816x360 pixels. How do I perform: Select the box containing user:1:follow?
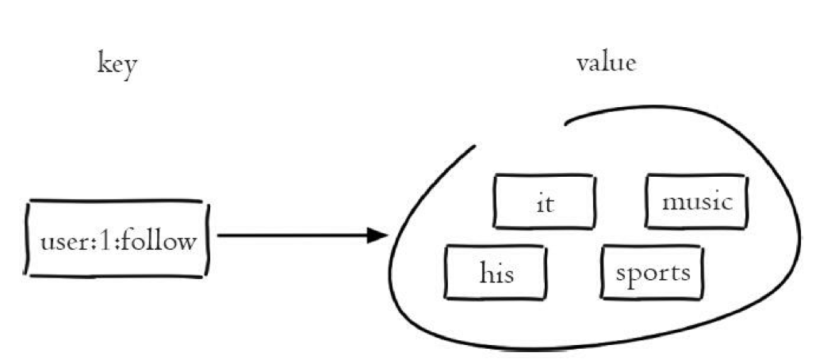[x=117, y=239]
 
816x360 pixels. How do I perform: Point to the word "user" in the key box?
[x=60, y=240]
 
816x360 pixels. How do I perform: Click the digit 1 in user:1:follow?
[x=100, y=239]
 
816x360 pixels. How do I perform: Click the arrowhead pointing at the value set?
[x=379, y=236]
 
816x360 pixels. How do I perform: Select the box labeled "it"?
[x=544, y=201]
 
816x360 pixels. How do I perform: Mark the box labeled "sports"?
[x=653, y=273]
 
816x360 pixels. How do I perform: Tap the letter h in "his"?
[x=485, y=273]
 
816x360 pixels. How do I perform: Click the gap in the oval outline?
[x=519, y=133]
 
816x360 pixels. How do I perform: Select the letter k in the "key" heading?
[x=103, y=63]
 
